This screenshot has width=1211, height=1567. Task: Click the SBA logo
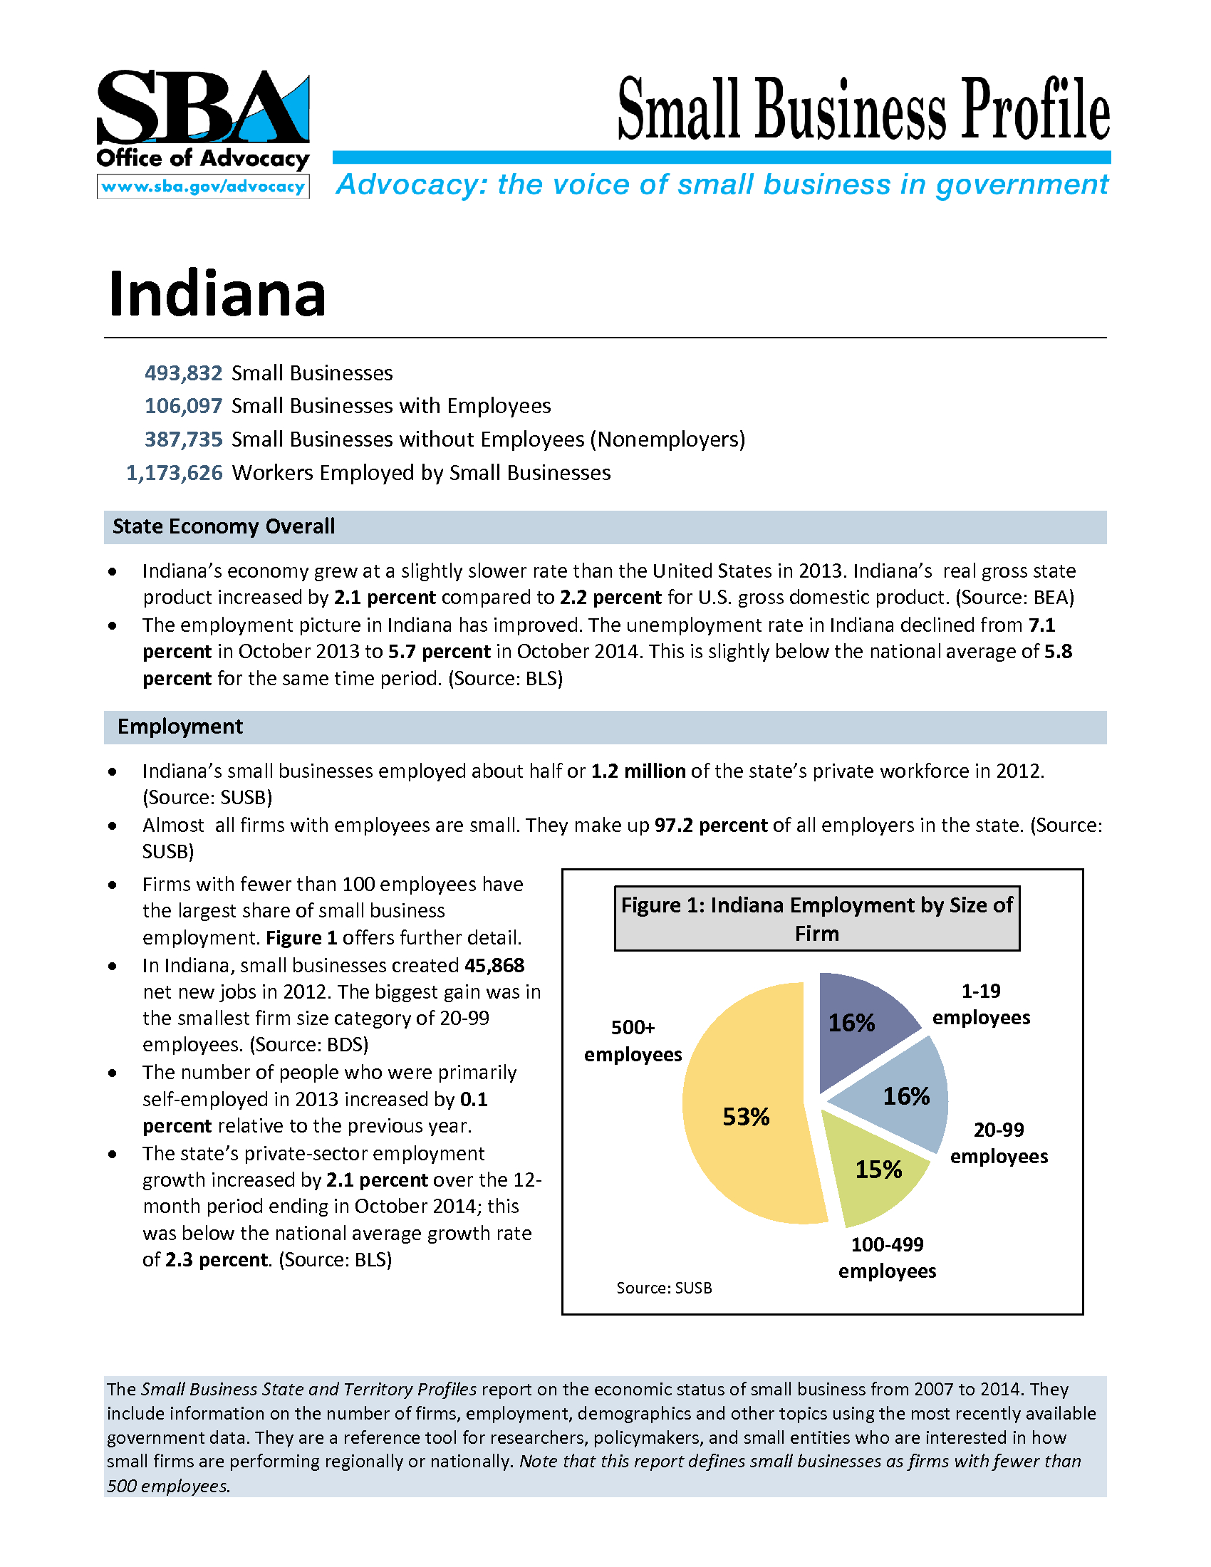tap(202, 108)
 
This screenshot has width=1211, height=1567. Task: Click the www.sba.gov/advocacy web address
tap(203, 187)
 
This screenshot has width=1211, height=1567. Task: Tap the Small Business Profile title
tap(863, 110)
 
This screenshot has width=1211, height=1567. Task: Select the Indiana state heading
tap(217, 293)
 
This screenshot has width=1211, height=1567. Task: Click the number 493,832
tap(184, 373)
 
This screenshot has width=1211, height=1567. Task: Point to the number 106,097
tap(184, 406)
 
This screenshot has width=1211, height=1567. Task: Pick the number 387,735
tap(184, 439)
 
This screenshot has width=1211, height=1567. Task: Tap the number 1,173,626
tap(175, 473)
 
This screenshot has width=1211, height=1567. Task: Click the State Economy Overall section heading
tap(223, 526)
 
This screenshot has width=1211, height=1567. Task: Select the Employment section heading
tap(180, 727)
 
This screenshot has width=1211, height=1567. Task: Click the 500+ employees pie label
tap(633, 1041)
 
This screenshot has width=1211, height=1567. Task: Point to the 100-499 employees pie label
tap(888, 1258)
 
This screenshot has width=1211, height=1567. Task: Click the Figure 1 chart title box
tap(816, 918)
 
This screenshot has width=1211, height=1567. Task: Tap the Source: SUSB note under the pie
tap(665, 1288)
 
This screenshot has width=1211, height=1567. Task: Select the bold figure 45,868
tap(494, 966)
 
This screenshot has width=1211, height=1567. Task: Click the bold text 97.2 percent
tap(711, 825)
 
